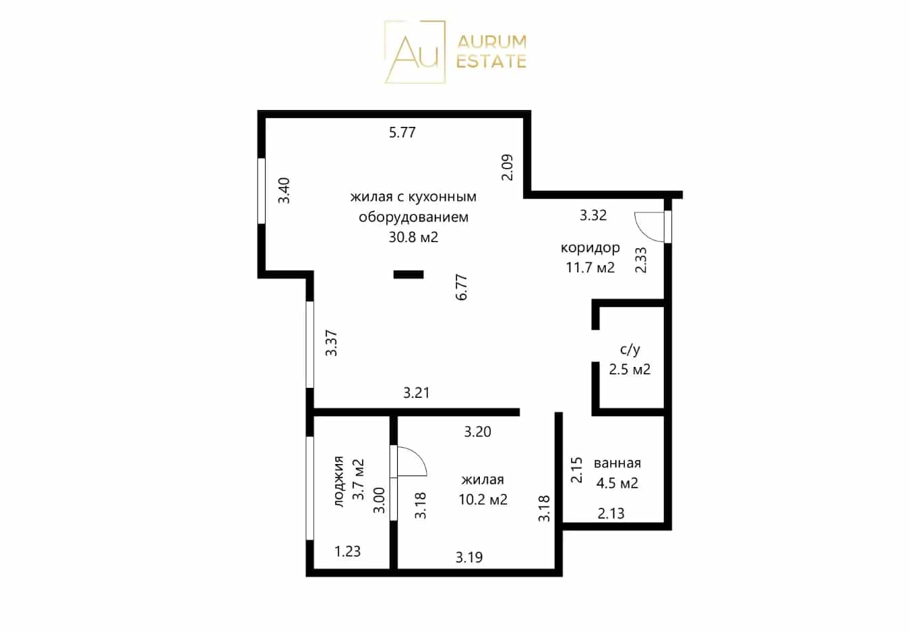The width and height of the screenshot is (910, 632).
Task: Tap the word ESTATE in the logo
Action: (x=491, y=61)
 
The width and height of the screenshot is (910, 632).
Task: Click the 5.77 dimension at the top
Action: (x=402, y=132)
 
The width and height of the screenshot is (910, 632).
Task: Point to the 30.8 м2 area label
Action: (x=414, y=237)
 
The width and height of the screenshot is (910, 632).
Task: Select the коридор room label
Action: (x=590, y=248)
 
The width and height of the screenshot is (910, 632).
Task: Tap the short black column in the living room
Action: (x=408, y=275)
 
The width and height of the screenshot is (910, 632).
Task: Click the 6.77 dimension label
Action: (x=462, y=287)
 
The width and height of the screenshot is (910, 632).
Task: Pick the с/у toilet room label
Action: (x=630, y=349)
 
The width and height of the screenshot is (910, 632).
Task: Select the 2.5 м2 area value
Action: (x=630, y=369)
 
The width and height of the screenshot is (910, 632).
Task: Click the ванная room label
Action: (x=617, y=463)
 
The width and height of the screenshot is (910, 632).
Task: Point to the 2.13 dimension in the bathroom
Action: (x=611, y=513)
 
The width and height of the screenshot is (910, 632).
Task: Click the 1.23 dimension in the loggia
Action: (x=347, y=551)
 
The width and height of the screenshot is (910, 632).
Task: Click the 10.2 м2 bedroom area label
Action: (x=483, y=499)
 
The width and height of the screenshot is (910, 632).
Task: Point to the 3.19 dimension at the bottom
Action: (x=468, y=557)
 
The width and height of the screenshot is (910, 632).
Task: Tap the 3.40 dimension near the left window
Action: (x=284, y=190)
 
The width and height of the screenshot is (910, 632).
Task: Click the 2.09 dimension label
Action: (x=508, y=167)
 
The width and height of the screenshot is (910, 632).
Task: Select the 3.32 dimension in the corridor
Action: (x=593, y=215)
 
